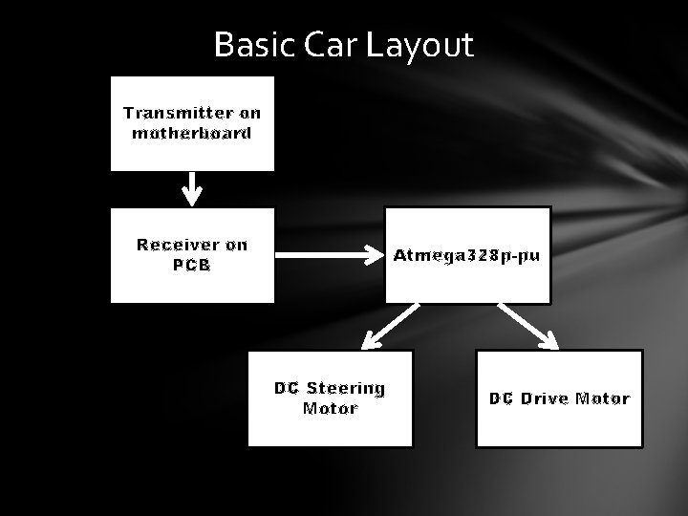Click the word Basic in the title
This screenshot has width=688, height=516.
251,45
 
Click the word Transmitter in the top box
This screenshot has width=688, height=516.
179,113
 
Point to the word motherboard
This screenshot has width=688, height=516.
191,133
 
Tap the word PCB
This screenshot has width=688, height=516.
191,265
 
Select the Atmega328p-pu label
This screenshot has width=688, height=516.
467,256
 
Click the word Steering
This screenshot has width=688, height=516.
345,388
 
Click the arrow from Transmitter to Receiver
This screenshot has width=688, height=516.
192,188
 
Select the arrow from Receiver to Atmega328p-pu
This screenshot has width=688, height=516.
329,255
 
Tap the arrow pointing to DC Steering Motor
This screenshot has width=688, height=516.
390,324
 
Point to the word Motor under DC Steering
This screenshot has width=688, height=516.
330,409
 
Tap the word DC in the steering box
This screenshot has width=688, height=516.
287,388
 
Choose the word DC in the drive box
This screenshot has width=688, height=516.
502,398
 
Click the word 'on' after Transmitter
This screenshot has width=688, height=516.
249,113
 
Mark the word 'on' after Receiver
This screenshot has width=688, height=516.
236,245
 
